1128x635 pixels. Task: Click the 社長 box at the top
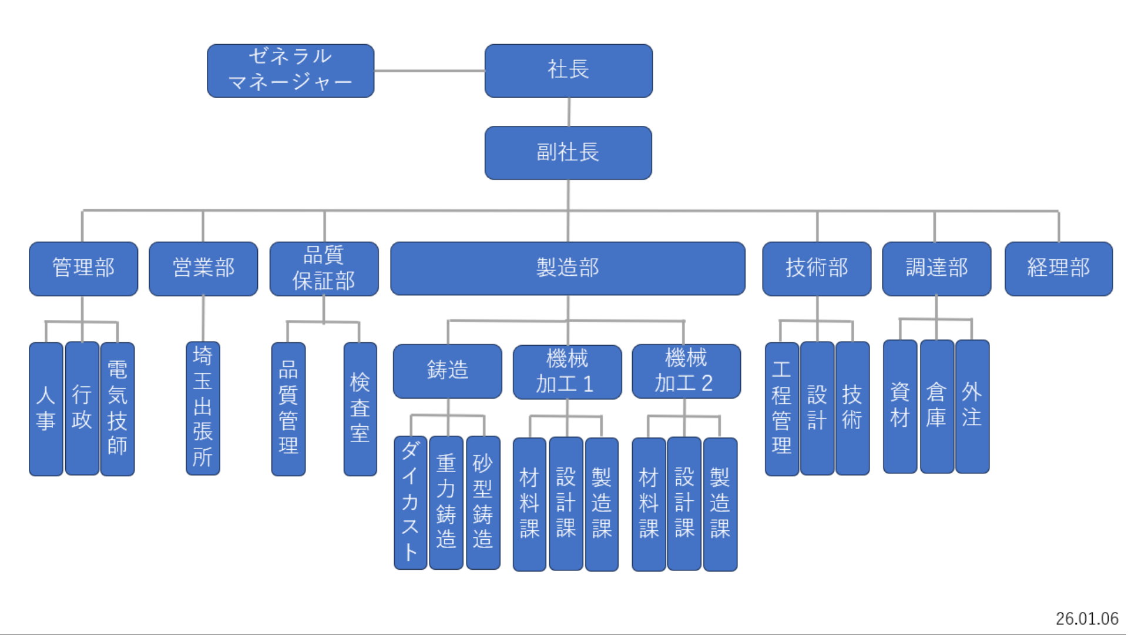click(x=568, y=71)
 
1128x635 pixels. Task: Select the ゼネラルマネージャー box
click(x=290, y=71)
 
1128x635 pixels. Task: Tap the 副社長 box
click(x=568, y=153)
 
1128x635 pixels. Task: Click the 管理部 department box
click(x=83, y=269)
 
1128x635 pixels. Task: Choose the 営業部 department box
click(x=203, y=269)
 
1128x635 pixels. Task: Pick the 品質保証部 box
click(x=324, y=269)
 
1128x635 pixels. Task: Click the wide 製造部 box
click(x=568, y=269)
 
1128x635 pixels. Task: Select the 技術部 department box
click(x=817, y=269)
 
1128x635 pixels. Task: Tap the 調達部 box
click(x=936, y=269)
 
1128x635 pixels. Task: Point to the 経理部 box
click(x=1058, y=269)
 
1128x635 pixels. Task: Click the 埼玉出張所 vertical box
click(x=203, y=408)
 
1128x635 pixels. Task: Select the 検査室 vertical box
click(x=360, y=409)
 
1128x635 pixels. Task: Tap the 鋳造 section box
click(x=447, y=371)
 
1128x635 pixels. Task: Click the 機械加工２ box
click(x=686, y=371)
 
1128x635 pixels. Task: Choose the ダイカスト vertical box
click(x=410, y=503)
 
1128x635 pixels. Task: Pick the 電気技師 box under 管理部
click(x=117, y=409)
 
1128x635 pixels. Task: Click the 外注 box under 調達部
click(x=972, y=406)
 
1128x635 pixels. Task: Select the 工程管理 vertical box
click(x=781, y=409)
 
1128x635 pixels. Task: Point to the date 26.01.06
click(x=1086, y=619)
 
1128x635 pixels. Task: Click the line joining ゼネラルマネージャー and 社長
click(x=429, y=71)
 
